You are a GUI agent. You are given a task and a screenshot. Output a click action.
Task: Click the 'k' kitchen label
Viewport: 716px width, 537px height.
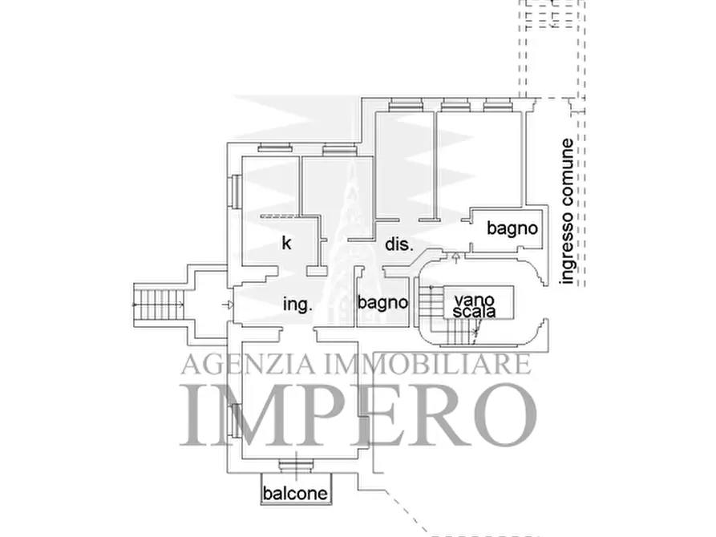tap(285, 243)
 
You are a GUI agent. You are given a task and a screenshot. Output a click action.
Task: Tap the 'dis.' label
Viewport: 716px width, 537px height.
tap(398, 244)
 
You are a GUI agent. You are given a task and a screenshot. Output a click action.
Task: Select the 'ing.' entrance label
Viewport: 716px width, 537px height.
tap(297, 305)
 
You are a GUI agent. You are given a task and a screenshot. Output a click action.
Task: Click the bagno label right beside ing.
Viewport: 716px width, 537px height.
tap(383, 303)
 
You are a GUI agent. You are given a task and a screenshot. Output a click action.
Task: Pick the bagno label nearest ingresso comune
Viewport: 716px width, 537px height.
tap(512, 228)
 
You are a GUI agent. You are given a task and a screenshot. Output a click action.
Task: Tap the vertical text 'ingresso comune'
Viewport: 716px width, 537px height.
tap(568, 212)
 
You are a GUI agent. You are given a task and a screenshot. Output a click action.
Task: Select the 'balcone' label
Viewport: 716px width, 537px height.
tap(296, 493)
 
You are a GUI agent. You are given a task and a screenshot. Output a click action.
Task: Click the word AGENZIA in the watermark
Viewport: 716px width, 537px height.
tap(238, 365)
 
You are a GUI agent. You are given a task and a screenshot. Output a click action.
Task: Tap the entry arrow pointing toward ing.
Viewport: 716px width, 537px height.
tap(229, 305)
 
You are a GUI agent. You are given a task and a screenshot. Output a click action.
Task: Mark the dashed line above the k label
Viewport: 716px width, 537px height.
tap(280, 216)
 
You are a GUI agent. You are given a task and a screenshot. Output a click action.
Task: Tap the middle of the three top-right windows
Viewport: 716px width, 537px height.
tap(455, 104)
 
